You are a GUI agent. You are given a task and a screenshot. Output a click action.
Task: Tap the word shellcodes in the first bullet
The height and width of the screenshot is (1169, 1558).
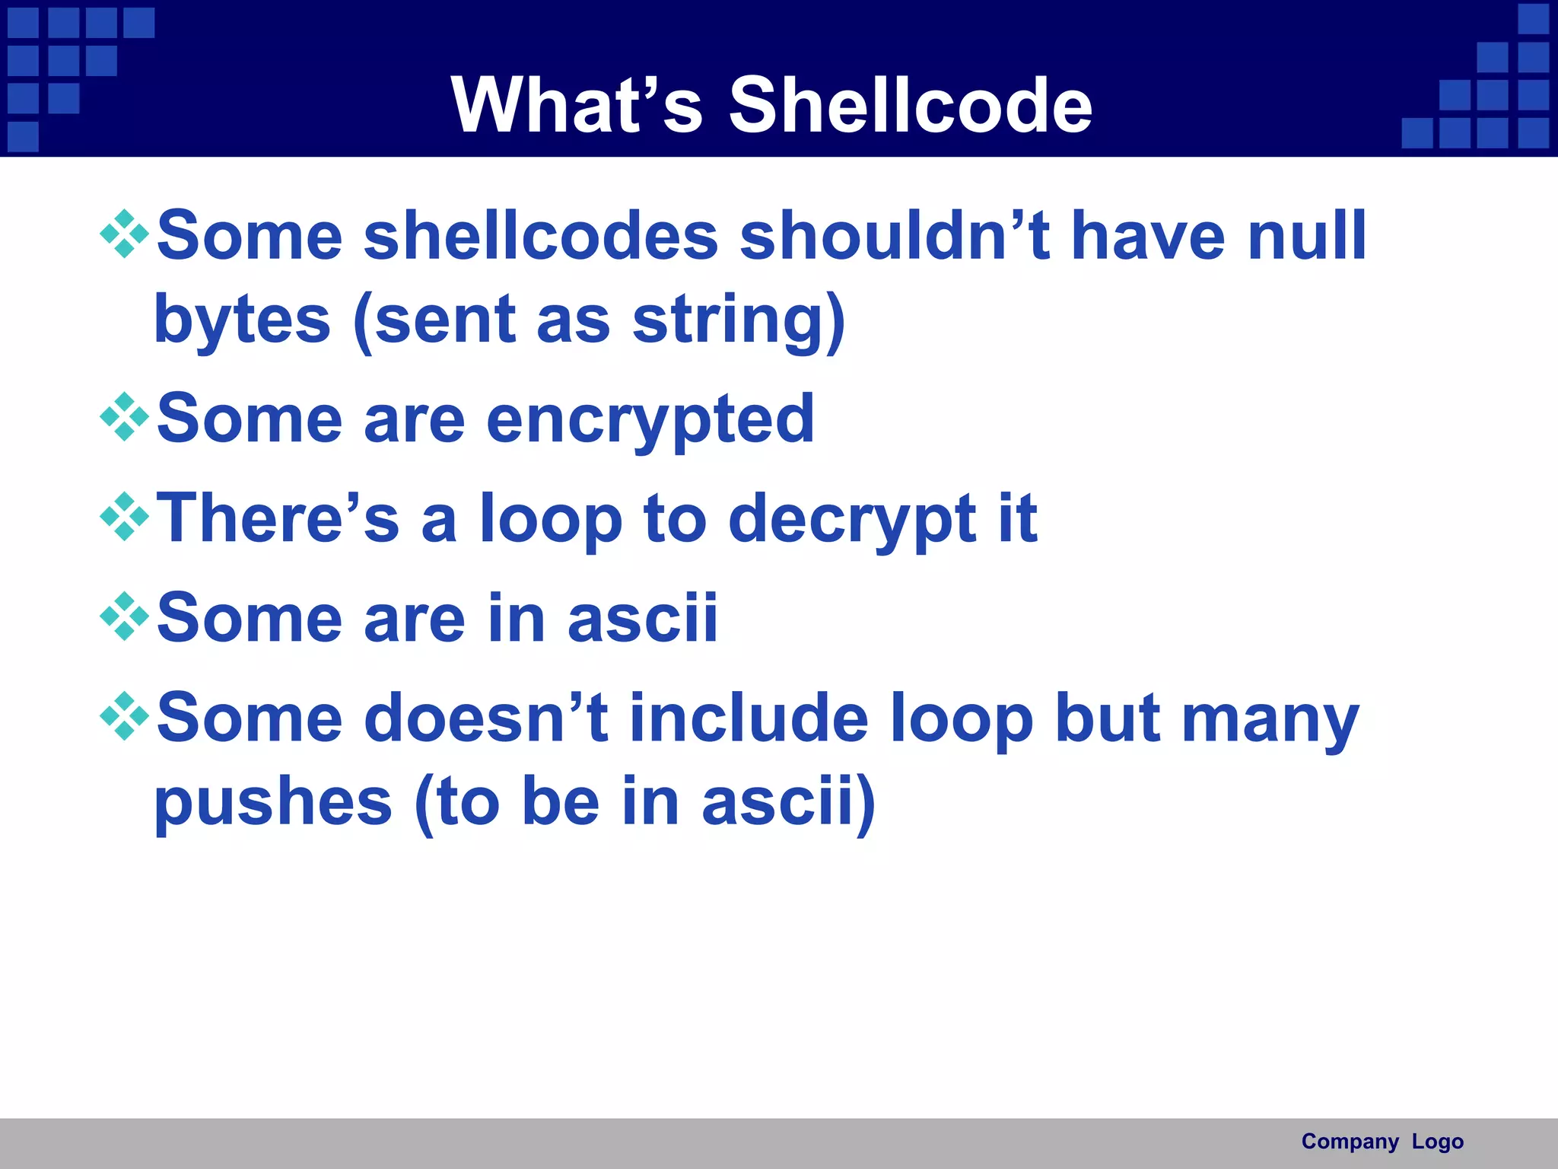(541, 236)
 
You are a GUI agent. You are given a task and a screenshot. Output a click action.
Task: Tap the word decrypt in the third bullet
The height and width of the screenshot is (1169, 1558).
(852, 519)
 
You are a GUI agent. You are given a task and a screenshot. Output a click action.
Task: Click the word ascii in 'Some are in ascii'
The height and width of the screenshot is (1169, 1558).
(642, 619)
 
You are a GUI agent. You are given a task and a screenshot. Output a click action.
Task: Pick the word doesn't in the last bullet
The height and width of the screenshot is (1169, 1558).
(486, 718)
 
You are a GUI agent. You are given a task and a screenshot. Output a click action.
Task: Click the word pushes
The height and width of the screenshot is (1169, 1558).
(273, 802)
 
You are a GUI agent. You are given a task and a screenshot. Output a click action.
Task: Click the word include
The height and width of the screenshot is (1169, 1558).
(749, 718)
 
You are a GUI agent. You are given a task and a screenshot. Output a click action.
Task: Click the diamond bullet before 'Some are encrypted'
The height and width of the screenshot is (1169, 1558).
(124, 417)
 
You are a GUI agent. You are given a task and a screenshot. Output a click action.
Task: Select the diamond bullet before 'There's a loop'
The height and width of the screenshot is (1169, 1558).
(124, 517)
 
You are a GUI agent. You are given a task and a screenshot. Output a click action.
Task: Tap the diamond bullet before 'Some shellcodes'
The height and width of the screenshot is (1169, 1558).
(124, 234)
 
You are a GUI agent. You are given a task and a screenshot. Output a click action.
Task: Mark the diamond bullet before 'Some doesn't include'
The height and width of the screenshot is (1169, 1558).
(124, 716)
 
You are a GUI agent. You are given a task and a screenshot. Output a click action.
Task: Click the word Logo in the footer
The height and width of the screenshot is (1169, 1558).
(1437, 1142)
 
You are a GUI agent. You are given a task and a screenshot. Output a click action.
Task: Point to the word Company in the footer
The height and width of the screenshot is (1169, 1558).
(1350, 1142)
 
